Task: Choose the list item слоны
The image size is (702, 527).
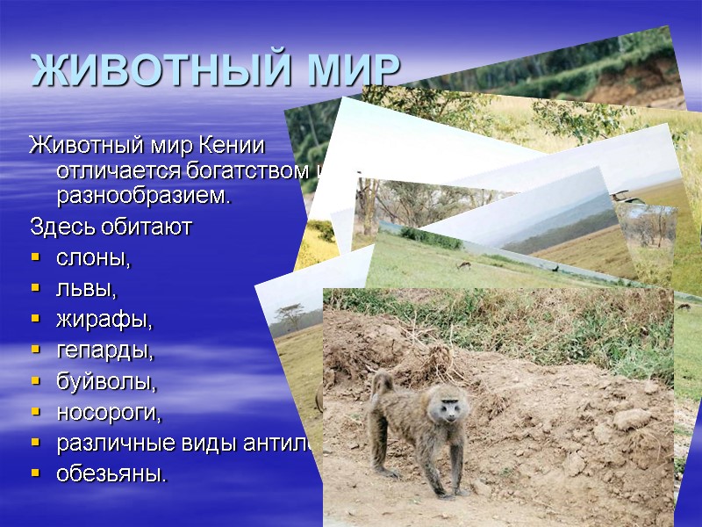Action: click(92, 259)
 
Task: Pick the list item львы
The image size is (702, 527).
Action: click(86, 289)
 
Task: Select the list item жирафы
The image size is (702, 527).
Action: click(104, 321)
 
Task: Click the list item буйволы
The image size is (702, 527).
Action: click(106, 382)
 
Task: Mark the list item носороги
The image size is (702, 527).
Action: click(109, 412)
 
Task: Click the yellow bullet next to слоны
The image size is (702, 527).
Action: click(35, 260)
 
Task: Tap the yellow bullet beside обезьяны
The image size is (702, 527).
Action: click(35, 474)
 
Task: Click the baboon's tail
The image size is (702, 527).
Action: click(379, 383)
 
